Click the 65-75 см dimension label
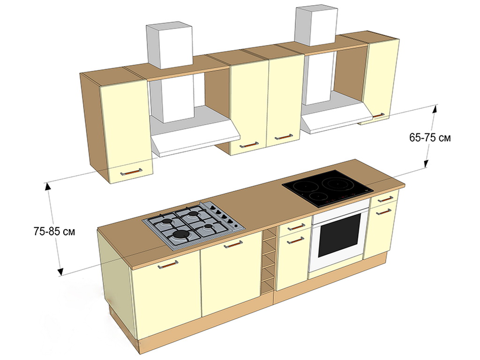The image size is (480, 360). pyautogui.click(x=430, y=138)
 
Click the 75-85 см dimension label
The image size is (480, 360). pyautogui.click(x=54, y=232)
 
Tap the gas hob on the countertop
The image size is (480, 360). pyautogui.click(x=194, y=225)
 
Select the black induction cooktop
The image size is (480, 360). pyautogui.click(x=328, y=188)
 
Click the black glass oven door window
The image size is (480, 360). pyautogui.click(x=339, y=235)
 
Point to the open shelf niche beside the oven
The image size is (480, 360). pyautogui.click(x=268, y=260)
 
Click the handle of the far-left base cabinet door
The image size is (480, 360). pyautogui.click(x=168, y=264)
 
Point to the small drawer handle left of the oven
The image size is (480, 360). pyautogui.click(x=296, y=227)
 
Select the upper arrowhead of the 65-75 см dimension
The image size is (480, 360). pyautogui.click(x=435, y=109)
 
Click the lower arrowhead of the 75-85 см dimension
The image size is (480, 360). pyautogui.click(x=60, y=271)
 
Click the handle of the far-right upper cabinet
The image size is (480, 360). pyautogui.click(x=379, y=115)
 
